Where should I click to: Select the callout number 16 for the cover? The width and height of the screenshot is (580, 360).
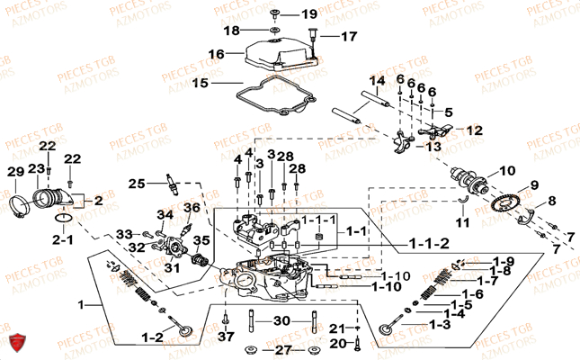(215, 54)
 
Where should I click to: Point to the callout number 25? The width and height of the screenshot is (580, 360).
(136, 184)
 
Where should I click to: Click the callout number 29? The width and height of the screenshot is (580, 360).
(15, 172)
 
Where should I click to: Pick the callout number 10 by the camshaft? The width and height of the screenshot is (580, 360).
(507, 169)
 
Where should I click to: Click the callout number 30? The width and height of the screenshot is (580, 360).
(281, 320)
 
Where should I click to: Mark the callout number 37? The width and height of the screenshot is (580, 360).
(226, 337)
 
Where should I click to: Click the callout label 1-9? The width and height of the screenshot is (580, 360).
(503, 261)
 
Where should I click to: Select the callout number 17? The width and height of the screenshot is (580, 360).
(348, 37)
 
